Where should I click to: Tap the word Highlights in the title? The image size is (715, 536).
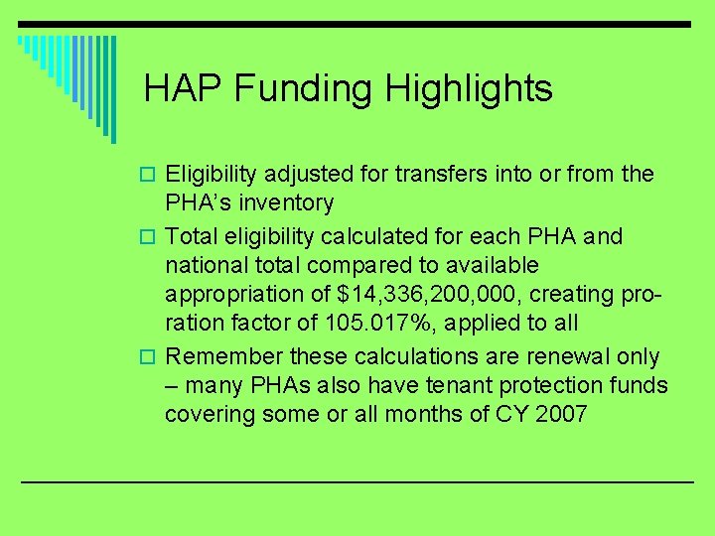coord(470,89)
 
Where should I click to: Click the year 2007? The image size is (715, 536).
coord(562,415)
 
